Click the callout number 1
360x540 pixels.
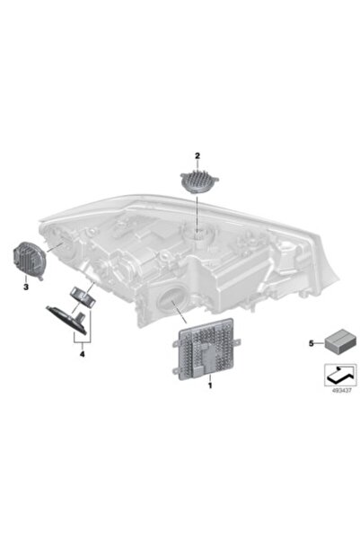[x=210, y=385]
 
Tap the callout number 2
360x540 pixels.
[x=198, y=156]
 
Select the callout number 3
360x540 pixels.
[x=26, y=287]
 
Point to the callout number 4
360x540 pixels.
[x=82, y=354]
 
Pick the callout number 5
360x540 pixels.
[x=312, y=343]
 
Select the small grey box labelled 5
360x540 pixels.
[x=337, y=341]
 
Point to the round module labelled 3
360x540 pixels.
[x=28, y=261]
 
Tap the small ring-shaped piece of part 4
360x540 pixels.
[x=83, y=297]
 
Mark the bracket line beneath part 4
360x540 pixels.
[x=82, y=342]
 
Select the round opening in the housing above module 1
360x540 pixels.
[x=171, y=299]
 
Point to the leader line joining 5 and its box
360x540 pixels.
[x=320, y=343]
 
